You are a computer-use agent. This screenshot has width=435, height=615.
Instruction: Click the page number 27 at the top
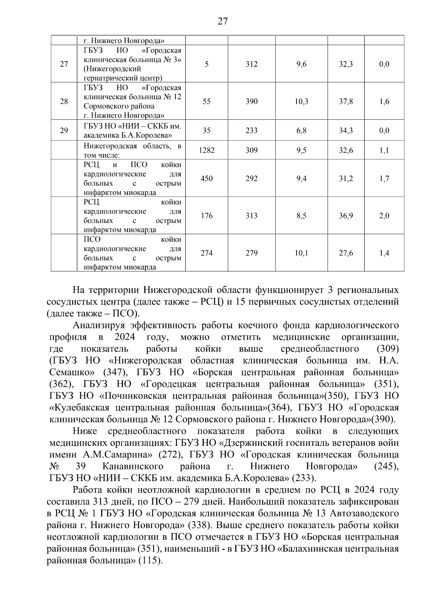pos(223,21)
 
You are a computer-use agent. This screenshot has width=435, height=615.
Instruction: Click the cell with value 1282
pos(207,150)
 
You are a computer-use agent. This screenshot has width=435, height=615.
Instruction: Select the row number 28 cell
pos(64,101)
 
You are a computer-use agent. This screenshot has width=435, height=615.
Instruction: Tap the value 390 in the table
pos(252,101)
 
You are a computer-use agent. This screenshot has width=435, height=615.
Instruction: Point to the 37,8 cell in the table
pos(346,101)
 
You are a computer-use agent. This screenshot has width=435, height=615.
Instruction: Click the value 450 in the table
pos(207,179)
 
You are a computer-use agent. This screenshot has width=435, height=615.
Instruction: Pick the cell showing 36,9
pos(346,216)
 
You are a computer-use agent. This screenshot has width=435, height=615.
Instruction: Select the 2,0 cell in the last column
pos(384,216)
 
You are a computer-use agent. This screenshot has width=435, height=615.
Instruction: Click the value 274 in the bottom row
pos(207,253)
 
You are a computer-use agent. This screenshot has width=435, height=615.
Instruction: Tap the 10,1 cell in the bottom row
pos(301,253)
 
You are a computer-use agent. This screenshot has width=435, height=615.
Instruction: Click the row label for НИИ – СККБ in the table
pos(132,131)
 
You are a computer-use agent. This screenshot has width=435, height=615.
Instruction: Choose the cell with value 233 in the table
pos(252,131)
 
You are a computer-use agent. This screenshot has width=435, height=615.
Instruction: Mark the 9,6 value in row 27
pos(301,64)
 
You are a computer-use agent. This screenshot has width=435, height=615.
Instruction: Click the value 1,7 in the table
pos(384,179)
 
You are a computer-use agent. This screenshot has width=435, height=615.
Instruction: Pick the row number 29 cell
pos(64,131)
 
